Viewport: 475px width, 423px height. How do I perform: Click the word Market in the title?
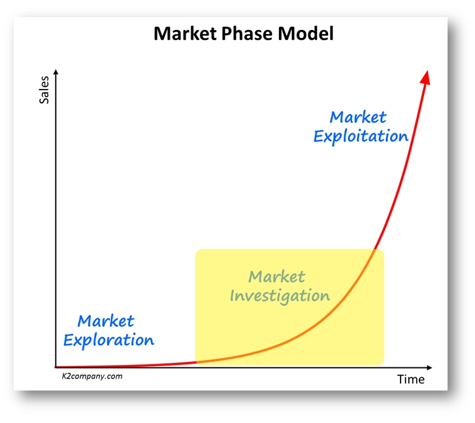click(x=185, y=33)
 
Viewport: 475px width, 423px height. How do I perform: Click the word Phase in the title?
click(x=247, y=33)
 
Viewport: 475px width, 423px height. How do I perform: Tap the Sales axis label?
click(x=44, y=90)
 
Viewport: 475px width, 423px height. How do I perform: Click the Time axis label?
click(x=411, y=379)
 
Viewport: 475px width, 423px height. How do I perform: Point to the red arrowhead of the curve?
click(x=425, y=78)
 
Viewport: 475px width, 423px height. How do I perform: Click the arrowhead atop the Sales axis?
click(x=56, y=72)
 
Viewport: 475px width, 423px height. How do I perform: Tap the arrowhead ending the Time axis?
click(x=429, y=368)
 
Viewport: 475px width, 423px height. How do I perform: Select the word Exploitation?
click(x=361, y=136)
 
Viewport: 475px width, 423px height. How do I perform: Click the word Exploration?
click(x=108, y=340)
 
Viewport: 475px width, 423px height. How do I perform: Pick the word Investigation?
click(x=280, y=296)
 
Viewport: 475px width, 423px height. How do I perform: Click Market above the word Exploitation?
click(x=358, y=117)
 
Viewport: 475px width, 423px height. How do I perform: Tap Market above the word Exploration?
click(x=106, y=321)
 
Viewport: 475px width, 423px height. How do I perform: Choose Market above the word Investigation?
click(x=276, y=277)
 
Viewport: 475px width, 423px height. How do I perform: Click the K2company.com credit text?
click(x=92, y=377)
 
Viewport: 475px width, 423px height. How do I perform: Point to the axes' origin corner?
click(x=56, y=367)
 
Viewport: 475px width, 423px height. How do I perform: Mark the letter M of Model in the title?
click(x=285, y=33)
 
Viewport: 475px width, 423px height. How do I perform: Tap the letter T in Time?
click(x=401, y=379)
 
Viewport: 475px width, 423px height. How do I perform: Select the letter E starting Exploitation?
click(x=318, y=136)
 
